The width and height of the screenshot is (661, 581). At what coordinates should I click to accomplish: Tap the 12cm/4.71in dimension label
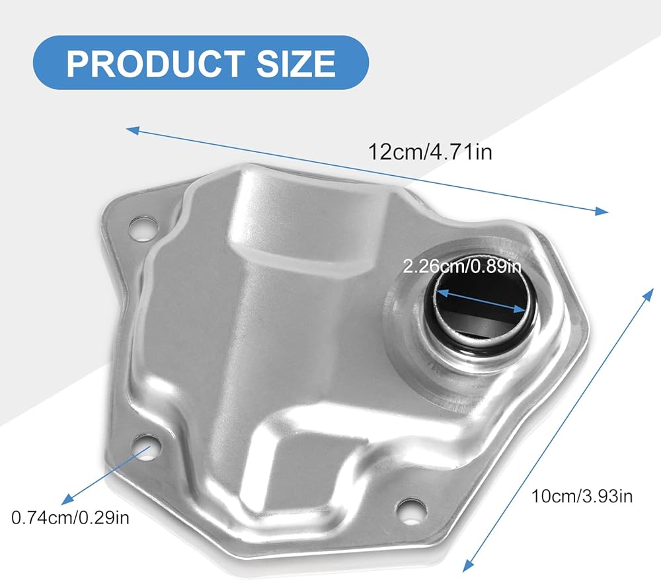tap(430, 152)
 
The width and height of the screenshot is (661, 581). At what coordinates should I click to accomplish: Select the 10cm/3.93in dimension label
tap(582, 496)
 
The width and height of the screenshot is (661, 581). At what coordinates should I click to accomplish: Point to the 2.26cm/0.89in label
tap(462, 266)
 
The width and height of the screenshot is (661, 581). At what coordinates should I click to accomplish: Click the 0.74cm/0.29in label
tap(70, 518)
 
